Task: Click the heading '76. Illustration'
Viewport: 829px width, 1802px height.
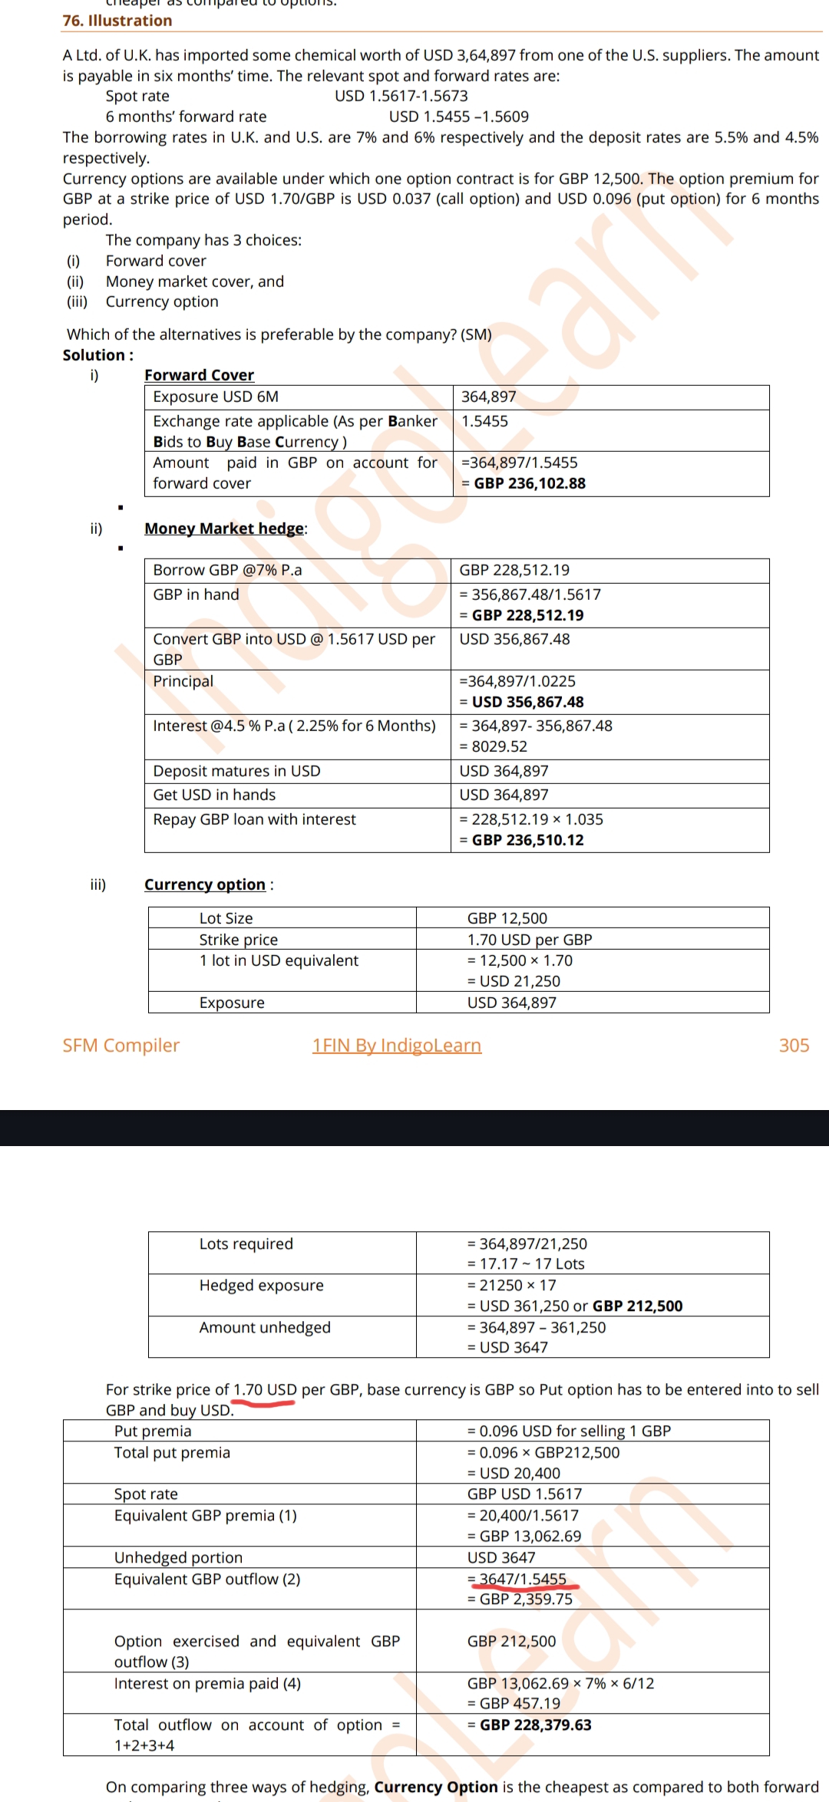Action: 117,21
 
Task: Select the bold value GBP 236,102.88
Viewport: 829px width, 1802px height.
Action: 529,483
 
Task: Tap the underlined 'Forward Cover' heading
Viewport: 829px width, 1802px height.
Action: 199,375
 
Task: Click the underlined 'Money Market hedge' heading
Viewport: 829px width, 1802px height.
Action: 224,529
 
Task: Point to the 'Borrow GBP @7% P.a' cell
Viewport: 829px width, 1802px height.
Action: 227,570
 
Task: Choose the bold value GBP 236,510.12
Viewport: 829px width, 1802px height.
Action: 527,840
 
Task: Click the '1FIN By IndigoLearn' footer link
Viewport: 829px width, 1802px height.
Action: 397,1046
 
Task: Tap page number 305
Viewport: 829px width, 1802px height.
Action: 794,1046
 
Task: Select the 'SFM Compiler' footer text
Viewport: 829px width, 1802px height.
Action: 121,1046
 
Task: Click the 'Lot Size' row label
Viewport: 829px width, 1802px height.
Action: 226,918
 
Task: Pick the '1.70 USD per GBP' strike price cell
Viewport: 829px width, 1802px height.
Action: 530,940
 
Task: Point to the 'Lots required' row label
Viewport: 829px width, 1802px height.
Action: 246,1244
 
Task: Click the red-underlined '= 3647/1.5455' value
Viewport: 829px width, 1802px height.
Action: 522,1579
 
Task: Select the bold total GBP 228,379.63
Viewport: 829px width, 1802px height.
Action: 535,1725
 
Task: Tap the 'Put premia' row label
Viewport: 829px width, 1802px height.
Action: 153,1431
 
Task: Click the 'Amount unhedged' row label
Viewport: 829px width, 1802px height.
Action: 265,1327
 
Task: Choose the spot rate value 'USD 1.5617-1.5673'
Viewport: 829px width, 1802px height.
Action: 401,96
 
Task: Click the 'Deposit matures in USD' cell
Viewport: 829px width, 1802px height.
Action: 236,771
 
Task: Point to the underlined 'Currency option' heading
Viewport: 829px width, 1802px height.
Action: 205,885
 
